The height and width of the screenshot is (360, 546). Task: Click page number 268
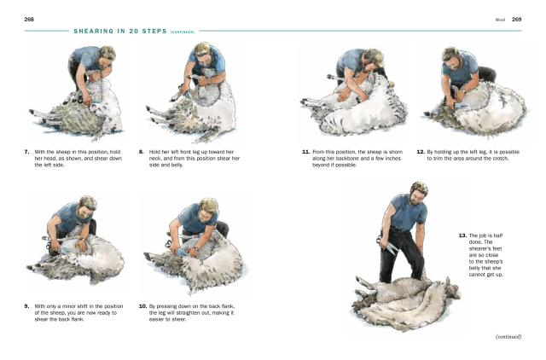click(29, 20)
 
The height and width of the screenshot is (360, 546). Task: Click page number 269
click(516, 20)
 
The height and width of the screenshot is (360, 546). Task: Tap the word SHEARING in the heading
click(94, 32)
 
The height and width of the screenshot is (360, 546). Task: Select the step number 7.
click(26, 152)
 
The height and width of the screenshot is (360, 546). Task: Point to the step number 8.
click(141, 152)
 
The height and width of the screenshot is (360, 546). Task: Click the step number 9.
click(26, 306)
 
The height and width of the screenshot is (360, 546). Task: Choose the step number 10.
click(142, 306)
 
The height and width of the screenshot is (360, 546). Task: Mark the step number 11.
click(305, 152)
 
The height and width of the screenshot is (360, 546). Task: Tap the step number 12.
click(421, 152)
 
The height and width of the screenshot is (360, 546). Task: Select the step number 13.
click(462, 235)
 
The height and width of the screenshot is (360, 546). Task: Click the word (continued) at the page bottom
click(508, 337)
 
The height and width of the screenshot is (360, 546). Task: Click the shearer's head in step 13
click(418, 193)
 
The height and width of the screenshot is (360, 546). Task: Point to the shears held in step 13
click(387, 245)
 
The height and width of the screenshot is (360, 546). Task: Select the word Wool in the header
click(500, 20)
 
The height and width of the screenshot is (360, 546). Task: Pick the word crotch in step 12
click(501, 159)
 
